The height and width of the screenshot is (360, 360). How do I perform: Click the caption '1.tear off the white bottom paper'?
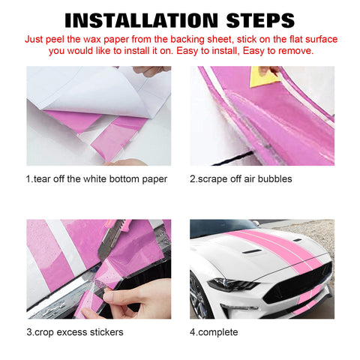click(x=97, y=178)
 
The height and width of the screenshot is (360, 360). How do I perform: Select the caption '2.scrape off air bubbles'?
click(x=241, y=178)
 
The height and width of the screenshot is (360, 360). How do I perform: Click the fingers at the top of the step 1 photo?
click(x=150, y=71)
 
